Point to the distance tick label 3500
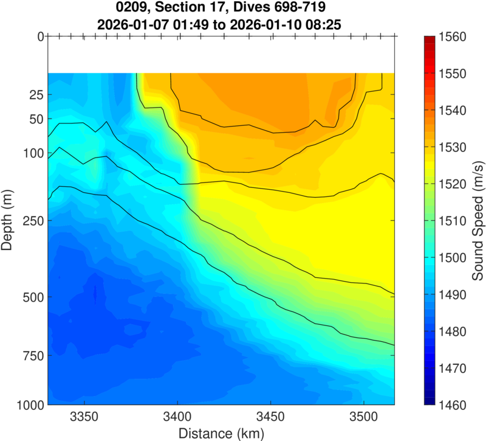(363, 418)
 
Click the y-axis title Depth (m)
(8, 220)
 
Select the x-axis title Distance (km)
(221, 433)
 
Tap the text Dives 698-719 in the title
(284, 9)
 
